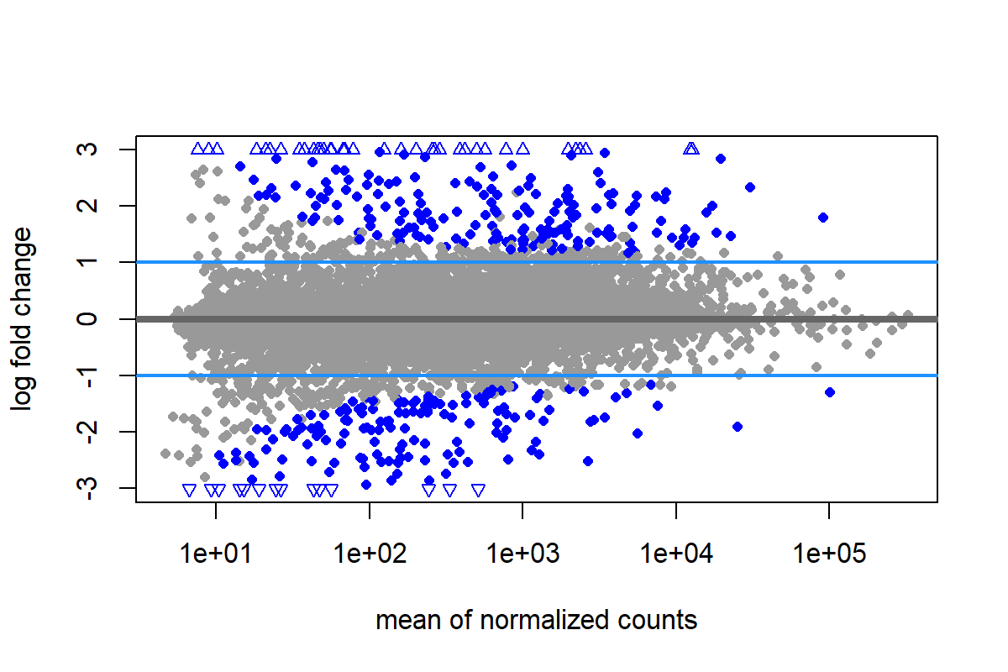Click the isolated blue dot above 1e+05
[823, 218]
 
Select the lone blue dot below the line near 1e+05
[830, 392]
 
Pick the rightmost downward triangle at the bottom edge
[479, 490]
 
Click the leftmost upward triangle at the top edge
[198, 149]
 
